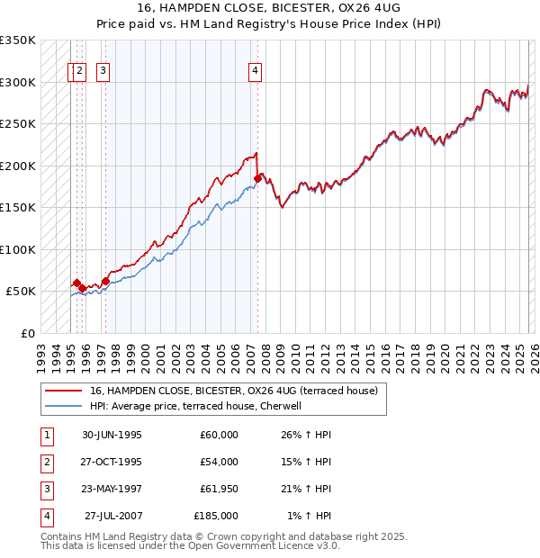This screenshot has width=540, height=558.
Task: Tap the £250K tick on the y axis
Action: (18, 124)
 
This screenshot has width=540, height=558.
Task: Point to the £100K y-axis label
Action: (18, 249)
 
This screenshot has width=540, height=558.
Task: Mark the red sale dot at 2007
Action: (257, 178)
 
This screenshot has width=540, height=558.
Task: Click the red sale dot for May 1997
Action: (105, 281)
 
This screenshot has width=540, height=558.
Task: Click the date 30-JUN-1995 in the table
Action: (112, 435)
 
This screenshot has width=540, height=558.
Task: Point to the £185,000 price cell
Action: (216, 516)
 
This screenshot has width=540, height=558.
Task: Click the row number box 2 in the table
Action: (46, 462)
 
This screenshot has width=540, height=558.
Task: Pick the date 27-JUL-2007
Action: (112, 516)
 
